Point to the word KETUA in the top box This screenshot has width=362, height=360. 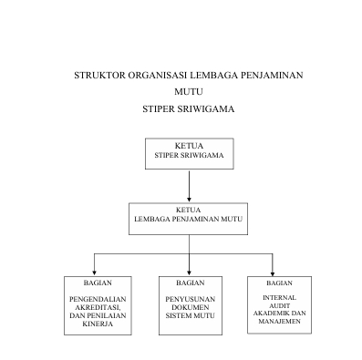[x=189, y=146]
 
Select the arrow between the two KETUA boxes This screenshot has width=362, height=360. [x=189, y=187]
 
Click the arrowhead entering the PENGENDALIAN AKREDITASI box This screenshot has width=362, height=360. [x=96, y=271]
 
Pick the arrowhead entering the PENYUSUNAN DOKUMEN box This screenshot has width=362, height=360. [x=189, y=271]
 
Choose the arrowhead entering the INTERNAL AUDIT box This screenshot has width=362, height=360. [x=273, y=271]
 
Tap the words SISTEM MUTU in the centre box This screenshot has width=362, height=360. [x=189, y=315]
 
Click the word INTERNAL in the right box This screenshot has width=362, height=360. [x=279, y=298]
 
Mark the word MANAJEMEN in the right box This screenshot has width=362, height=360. [x=279, y=321]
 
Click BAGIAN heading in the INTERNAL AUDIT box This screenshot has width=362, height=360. [x=279, y=283]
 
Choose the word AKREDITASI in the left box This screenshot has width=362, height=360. [x=96, y=307]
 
